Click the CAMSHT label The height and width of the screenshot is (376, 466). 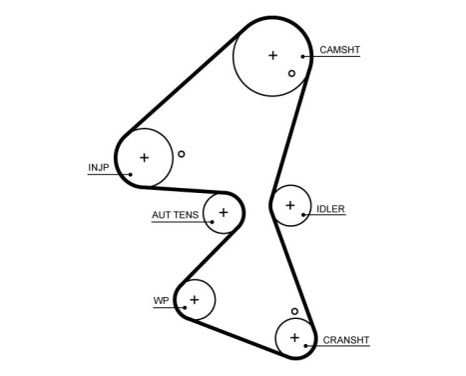tap(340, 49)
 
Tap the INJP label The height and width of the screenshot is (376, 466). tap(99, 167)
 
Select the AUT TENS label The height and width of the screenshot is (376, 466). tap(175, 214)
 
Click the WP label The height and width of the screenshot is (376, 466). tap(160, 300)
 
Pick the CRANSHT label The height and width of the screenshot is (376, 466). tap(346, 340)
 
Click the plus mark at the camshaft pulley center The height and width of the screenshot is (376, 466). tap(272, 56)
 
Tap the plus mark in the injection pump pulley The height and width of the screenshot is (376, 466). tap(144, 157)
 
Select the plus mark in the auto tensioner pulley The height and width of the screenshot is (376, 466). tap(224, 212)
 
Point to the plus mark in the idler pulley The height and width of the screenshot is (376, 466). tap(290, 206)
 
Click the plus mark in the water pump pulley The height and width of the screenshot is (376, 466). tap(196, 299)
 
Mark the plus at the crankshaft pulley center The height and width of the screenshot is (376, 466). tap(294, 338)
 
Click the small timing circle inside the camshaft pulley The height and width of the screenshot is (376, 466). tap(291, 73)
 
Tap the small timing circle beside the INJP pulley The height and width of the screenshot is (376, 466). tap(181, 154)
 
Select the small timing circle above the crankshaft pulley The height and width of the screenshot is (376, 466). tap(294, 311)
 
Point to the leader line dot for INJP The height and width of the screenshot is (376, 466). tap(130, 174)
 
